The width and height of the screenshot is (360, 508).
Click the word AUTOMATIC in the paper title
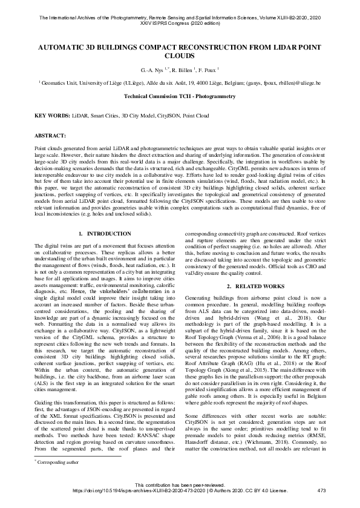pyautogui.click(x=68, y=45)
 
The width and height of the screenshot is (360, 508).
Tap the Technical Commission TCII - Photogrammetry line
pyautogui.click(x=180, y=96)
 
